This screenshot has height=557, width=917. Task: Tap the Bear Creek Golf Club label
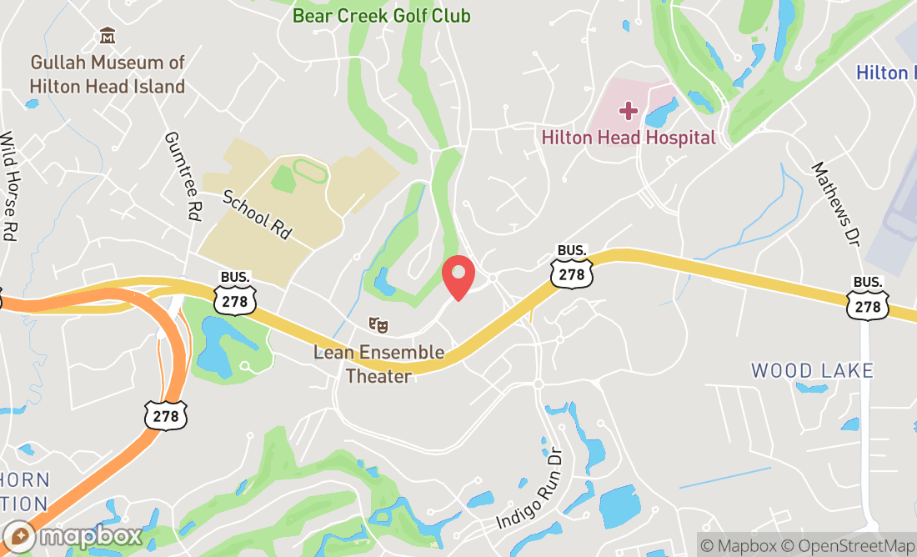(x=381, y=16)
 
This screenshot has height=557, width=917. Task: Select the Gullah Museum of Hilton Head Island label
(x=107, y=74)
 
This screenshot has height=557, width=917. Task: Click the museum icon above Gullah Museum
(x=108, y=36)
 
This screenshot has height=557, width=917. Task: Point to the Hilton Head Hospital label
(x=629, y=138)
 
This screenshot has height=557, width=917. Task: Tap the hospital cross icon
(x=628, y=111)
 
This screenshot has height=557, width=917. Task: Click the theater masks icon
(x=378, y=324)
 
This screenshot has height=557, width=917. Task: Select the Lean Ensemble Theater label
(x=378, y=364)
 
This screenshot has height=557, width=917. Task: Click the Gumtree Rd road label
(x=183, y=175)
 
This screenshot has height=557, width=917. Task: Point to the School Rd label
(x=256, y=214)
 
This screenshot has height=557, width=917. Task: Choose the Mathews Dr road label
(x=834, y=203)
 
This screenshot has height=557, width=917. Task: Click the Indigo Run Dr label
(x=530, y=490)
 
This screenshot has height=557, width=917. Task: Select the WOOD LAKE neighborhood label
(x=812, y=370)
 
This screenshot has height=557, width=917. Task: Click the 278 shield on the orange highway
(x=165, y=414)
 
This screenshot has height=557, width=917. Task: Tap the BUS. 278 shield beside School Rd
(x=234, y=294)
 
